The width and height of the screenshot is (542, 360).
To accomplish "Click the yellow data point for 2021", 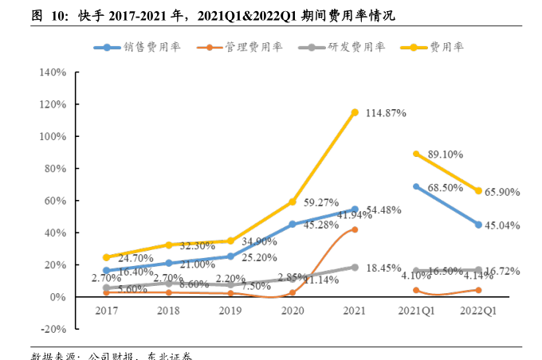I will (x=355, y=112).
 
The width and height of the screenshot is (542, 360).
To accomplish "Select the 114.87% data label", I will (x=386, y=114).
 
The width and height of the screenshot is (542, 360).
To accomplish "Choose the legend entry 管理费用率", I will (x=238, y=47).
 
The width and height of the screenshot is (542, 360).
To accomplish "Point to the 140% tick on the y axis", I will (x=52, y=72).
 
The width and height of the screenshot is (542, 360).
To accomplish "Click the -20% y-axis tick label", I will (x=52, y=329).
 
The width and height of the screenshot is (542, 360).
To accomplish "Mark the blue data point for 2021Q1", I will (x=416, y=186).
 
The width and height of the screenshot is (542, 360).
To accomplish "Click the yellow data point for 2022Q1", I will (x=478, y=191).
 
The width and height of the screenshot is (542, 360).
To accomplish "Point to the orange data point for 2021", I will (x=355, y=229).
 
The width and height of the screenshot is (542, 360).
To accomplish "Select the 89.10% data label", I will (x=447, y=154).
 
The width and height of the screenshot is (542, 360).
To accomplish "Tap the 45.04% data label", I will (x=503, y=225).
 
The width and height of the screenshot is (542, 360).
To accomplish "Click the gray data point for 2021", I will (x=355, y=268).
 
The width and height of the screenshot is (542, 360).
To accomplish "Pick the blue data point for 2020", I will (x=293, y=225).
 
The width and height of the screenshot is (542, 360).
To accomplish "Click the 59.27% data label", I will (x=323, y=202).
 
